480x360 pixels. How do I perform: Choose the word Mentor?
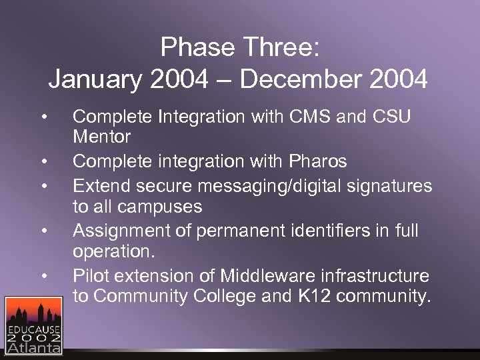pyautogui.click(x=101, y=137)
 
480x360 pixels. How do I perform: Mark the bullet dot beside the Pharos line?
pyautogui.click(x=43, y=161)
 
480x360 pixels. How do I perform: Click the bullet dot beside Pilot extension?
pyautogui.click(x=43, y=275)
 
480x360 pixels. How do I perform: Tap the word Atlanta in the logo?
pyautogui.click(x=33, y=346)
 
